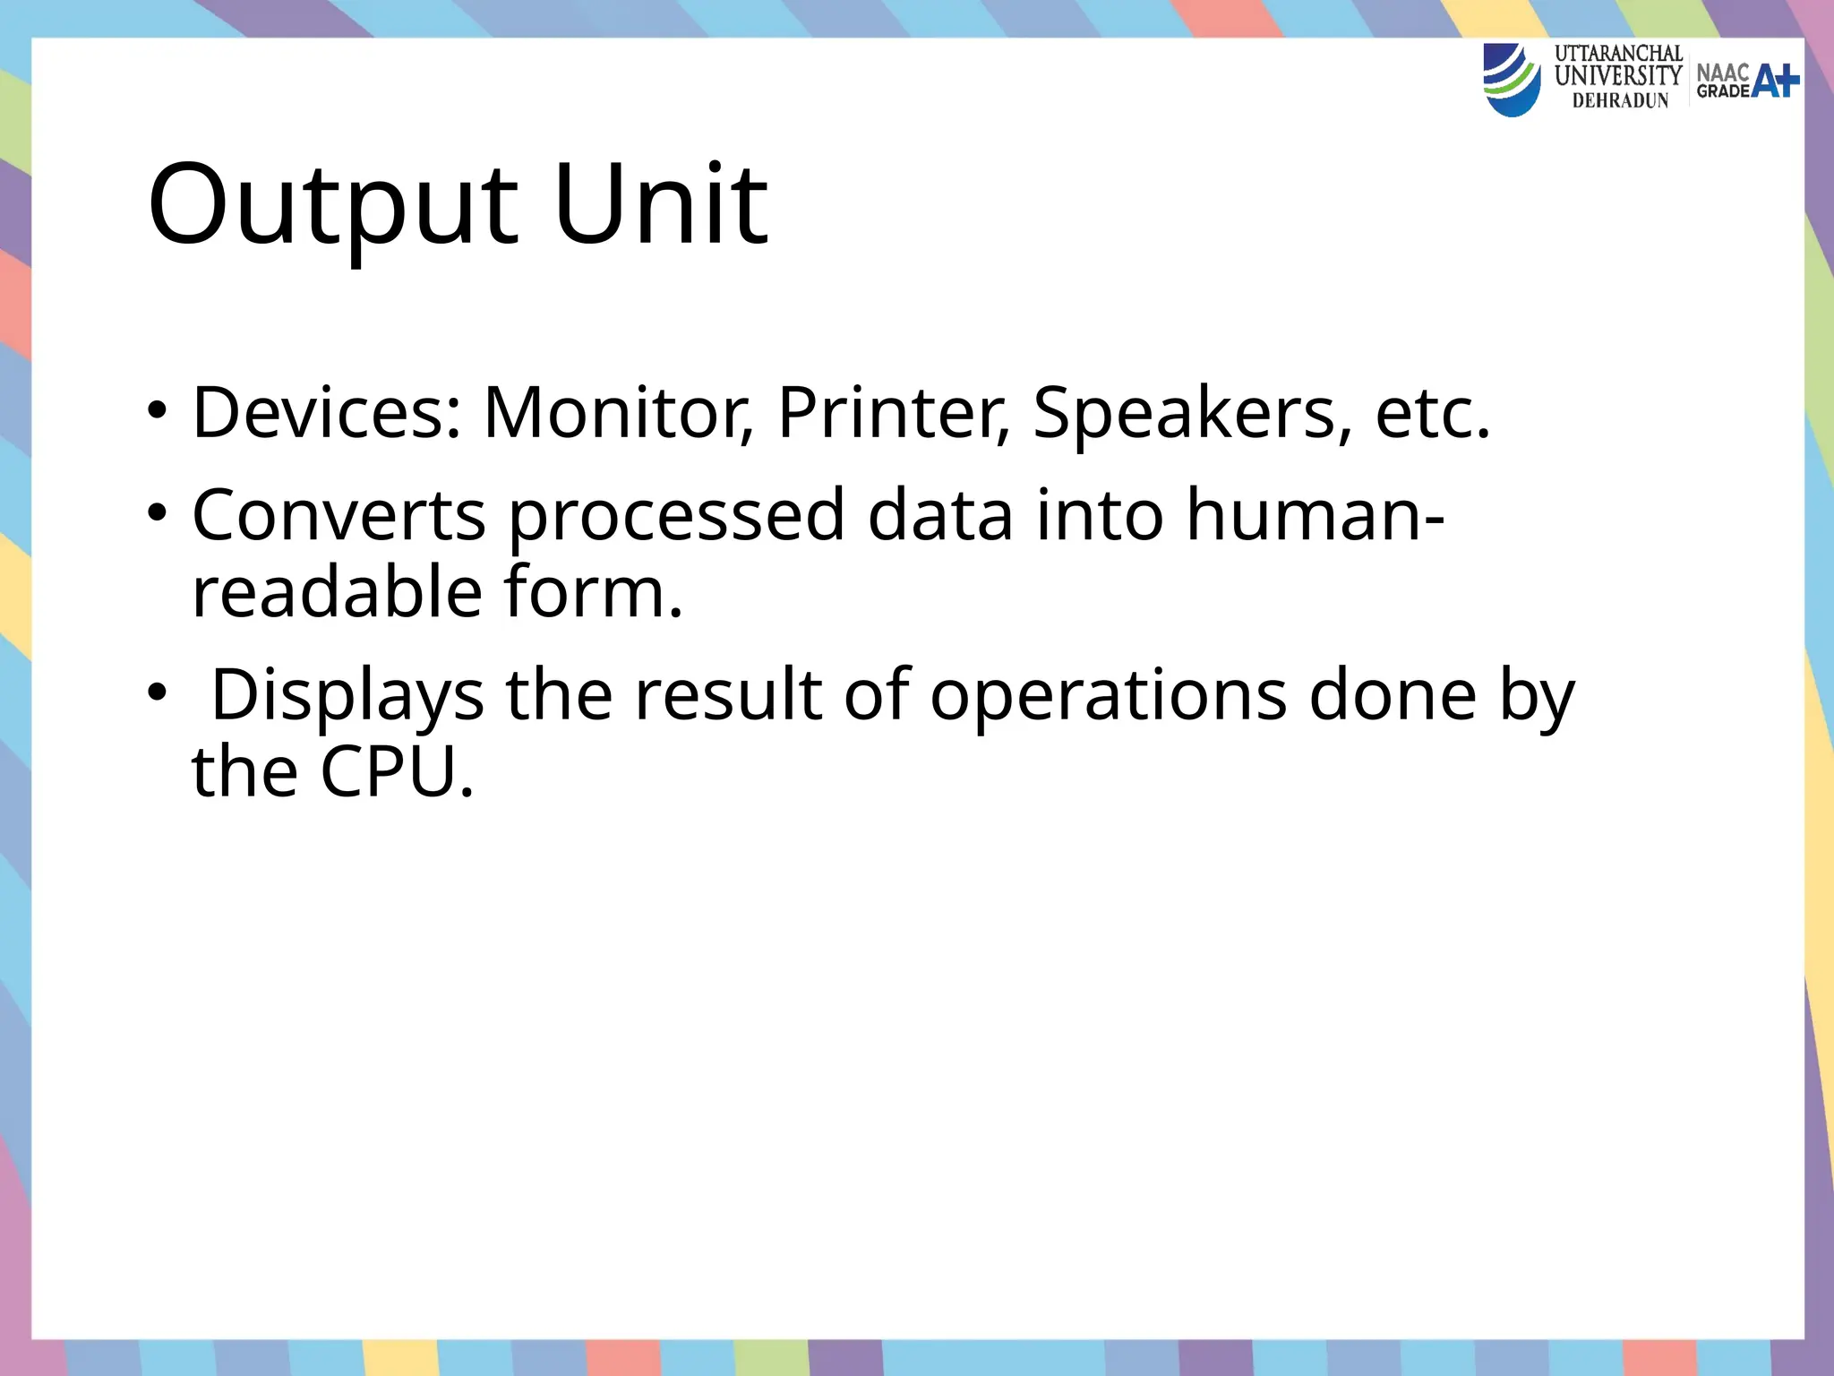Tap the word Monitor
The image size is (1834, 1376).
[x=618, y=414]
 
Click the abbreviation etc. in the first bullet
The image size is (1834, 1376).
[x=1433, y=414]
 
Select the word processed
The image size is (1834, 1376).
[x=677, y=518]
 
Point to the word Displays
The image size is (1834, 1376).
[x=347, y=696]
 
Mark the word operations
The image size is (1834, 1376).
[x=1109, y=696]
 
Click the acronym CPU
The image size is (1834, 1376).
[x=396, y=772]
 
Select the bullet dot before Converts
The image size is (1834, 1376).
[x=158, y=514]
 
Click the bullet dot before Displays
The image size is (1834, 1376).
[x=158, y=693]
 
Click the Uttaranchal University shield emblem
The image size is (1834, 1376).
[x=1512, y=81]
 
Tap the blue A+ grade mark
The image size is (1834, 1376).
[x=1775, y=82]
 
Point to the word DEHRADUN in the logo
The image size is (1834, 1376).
[x=1620, y=101]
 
